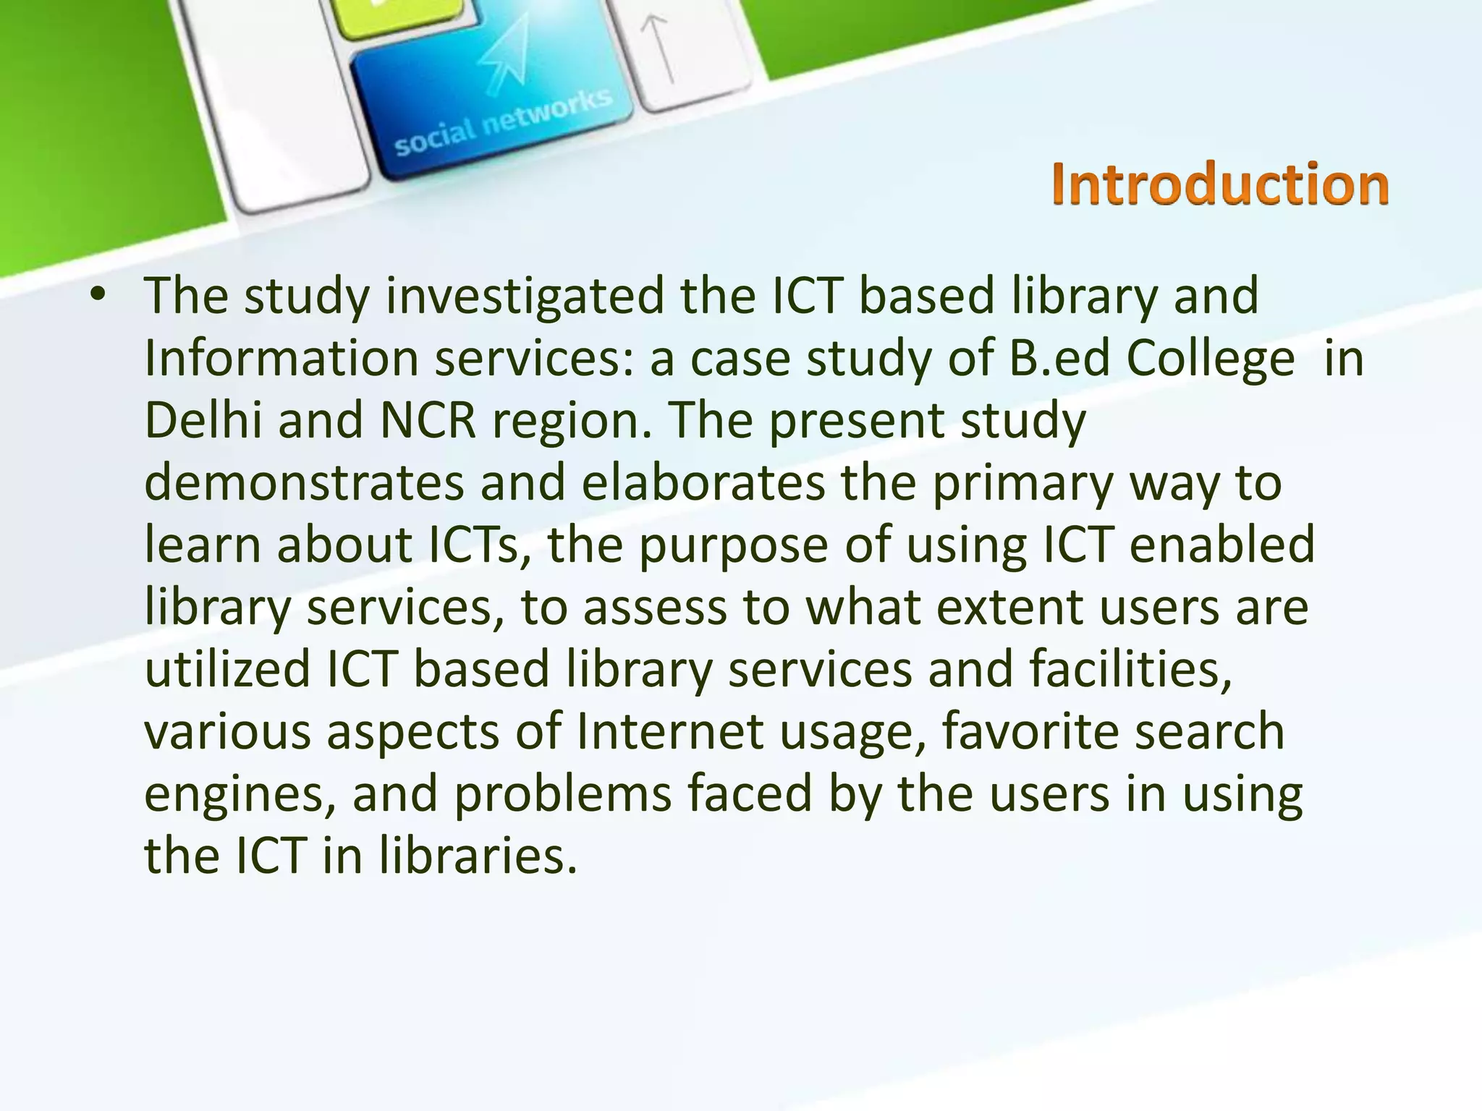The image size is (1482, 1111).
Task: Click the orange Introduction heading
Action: [1220, 184]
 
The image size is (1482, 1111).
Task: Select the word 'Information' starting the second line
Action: [281, 359]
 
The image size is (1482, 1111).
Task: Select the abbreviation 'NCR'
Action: [428, 421]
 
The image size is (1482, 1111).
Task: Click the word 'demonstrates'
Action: [304, 483]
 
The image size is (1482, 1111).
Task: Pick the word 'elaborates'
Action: [703, 483]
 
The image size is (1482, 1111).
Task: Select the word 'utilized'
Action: [227, 670]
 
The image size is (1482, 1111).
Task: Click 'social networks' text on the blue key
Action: [503, 123]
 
